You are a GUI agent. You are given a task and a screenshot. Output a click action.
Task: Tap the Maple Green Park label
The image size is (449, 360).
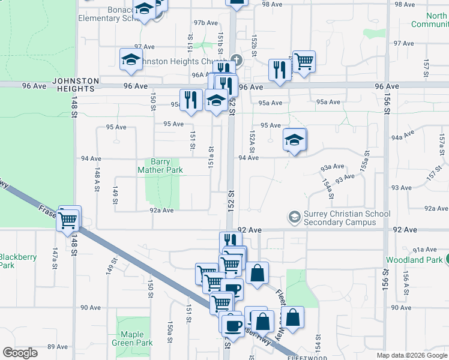(132, 338)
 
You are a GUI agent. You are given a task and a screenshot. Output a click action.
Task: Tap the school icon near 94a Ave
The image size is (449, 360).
(294, 141)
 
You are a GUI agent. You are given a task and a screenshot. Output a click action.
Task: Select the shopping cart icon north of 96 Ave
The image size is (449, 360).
(303, 61)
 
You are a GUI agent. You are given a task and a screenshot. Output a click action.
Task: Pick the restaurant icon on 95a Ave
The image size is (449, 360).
(191, 100)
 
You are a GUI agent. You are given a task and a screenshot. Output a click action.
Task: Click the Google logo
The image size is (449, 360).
(20, 353)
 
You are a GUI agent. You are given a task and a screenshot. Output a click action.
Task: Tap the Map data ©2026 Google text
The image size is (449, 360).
(412, 355)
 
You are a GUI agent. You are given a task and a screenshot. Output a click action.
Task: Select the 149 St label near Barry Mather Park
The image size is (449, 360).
(115, 194)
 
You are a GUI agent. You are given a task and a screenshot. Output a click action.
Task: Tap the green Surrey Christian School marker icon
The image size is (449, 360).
(294, 216)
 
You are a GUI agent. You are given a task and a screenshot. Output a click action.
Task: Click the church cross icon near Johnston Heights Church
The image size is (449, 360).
(237, 60)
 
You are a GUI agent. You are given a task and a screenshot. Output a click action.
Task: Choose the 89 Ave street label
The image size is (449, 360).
(57, 347)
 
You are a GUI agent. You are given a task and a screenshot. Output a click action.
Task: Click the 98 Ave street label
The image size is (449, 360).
(273, 4)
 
